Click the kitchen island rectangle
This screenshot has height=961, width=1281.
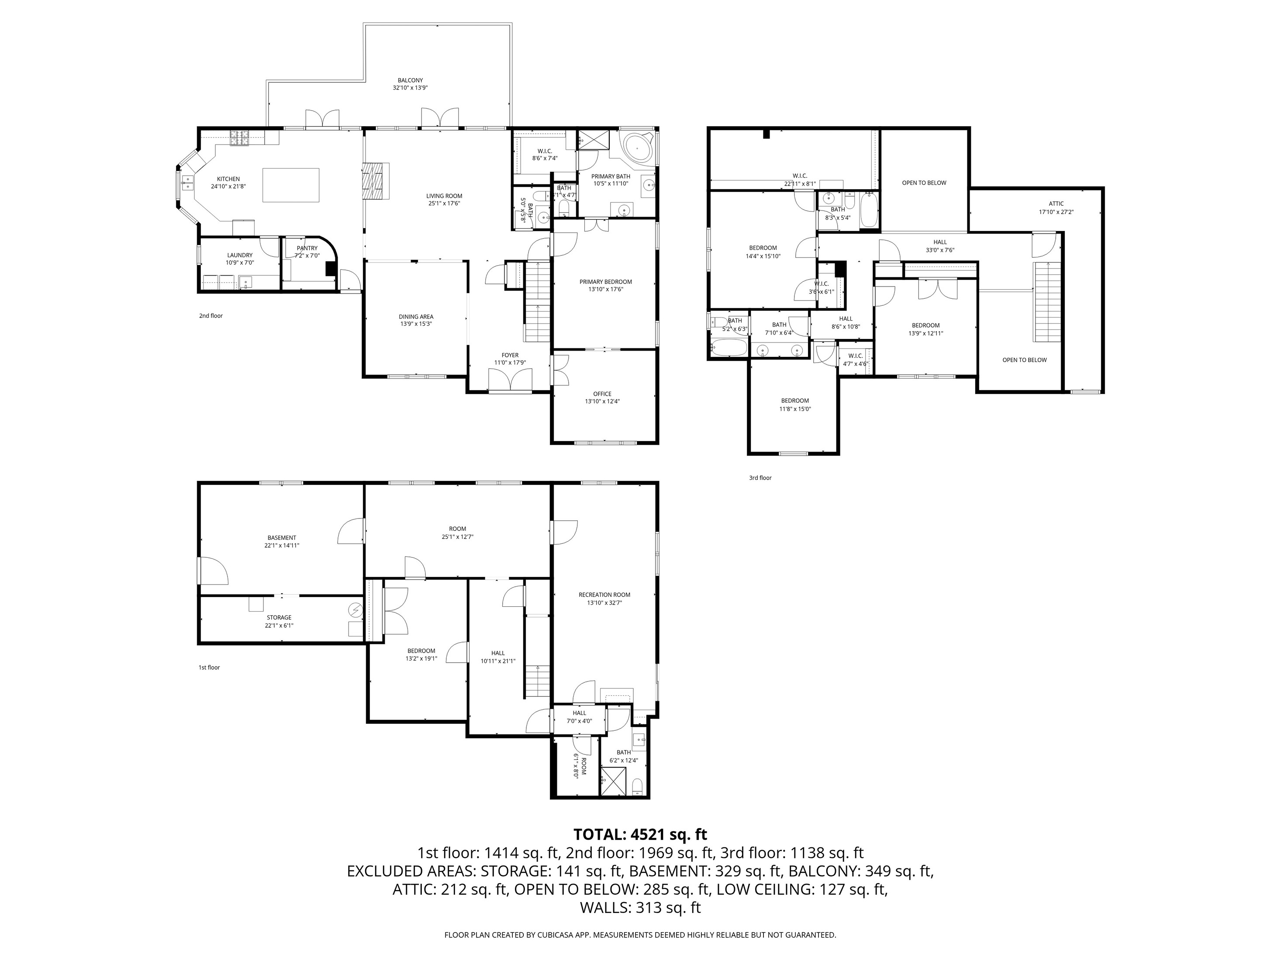(291, 185)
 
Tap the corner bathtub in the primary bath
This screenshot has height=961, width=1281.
(637, 148)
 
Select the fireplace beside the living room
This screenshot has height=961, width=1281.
(376, 181)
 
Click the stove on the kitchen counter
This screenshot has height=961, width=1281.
(239, 138)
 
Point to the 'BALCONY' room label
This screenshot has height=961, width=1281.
(410, 80)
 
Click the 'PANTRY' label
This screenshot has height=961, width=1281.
(307, 248)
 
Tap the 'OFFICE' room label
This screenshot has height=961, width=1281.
(602, 394)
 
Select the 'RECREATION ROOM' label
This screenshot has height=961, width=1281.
(604, 595)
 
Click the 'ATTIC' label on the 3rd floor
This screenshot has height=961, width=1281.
(1057, 204)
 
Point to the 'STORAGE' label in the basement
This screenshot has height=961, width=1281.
(279, 618)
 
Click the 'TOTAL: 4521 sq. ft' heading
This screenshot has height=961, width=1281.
(640, 834)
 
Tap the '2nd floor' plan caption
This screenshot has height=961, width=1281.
(211, 316)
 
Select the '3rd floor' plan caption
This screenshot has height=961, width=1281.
(760, 478)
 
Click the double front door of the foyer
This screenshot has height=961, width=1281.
(510, 382)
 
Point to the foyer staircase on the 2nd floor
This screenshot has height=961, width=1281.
(537, 302)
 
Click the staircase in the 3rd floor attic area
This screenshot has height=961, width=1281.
(1048, 302)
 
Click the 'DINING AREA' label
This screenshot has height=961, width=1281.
(416, 317)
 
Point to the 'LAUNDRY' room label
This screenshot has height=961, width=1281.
(240, 255)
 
